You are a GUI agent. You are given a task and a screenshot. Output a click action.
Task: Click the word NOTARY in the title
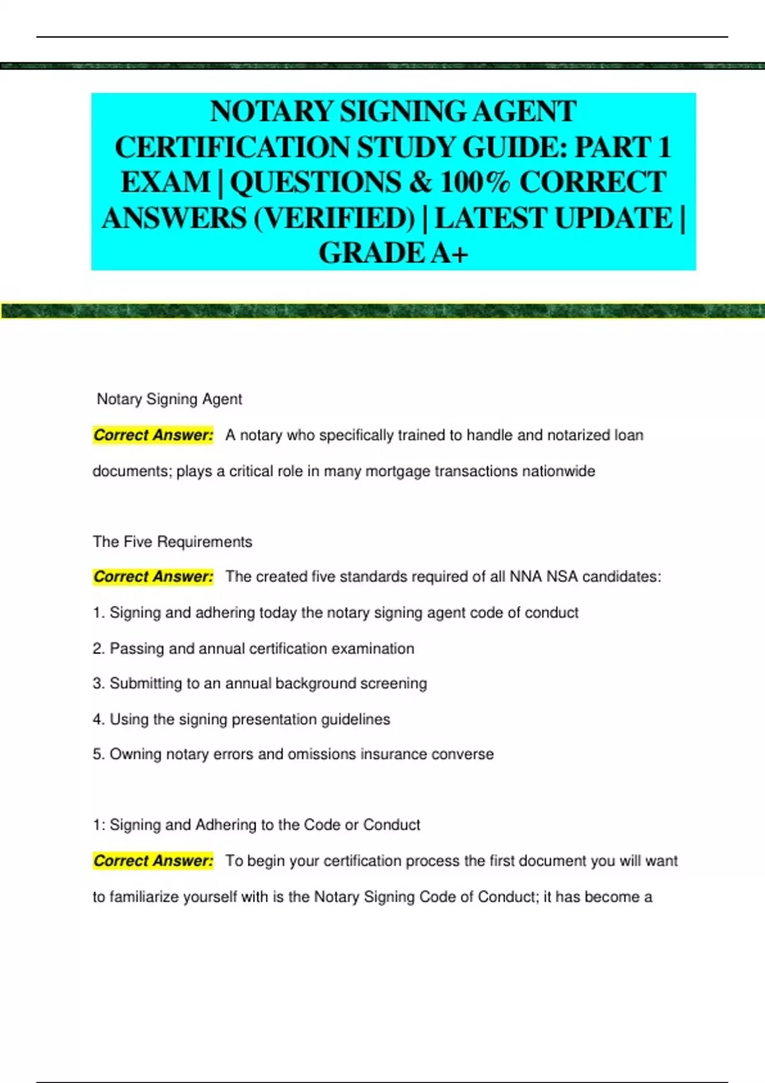(x=273, y=111)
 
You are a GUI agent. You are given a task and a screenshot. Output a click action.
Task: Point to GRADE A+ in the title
(x=393, y=253)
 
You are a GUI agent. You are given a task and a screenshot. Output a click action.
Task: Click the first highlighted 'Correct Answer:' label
(x=153, y=435)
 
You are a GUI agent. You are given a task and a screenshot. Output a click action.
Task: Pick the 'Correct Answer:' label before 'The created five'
(x=153, y=577)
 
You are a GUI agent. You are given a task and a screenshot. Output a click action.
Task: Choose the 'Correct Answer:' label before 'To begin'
(x=153, y=861)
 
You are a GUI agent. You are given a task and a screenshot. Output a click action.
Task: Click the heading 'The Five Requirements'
(x=172, y=541)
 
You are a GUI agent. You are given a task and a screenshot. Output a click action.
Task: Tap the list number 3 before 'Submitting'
(x=98, y=684)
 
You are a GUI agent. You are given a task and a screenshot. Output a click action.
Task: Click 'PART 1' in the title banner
(x=623, y=147)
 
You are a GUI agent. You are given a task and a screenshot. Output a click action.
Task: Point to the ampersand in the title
(x=421, y=182)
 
